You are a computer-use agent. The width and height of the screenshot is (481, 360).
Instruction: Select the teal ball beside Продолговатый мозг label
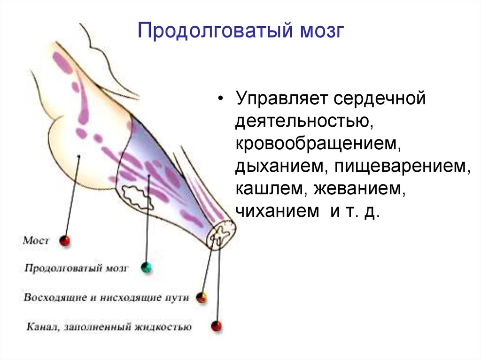click(147, 268)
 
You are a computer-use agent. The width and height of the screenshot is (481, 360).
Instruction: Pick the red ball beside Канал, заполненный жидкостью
click(217, 326)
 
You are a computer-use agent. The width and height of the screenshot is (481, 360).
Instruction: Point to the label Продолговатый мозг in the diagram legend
click(76, 268)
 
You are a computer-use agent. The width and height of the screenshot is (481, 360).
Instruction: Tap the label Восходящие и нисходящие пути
click(106, 298)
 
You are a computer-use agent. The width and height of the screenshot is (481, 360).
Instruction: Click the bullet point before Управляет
click(221, 100)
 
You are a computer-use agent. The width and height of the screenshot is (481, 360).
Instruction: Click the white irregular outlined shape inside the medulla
click(138, 197)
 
